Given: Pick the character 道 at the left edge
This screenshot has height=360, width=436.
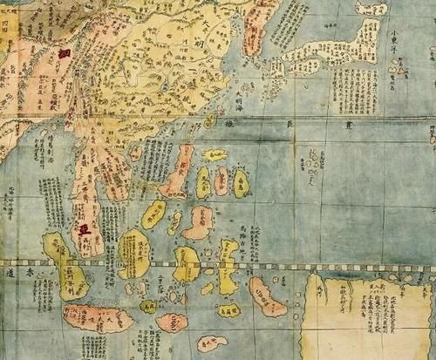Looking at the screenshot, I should [x=9, y=273].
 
